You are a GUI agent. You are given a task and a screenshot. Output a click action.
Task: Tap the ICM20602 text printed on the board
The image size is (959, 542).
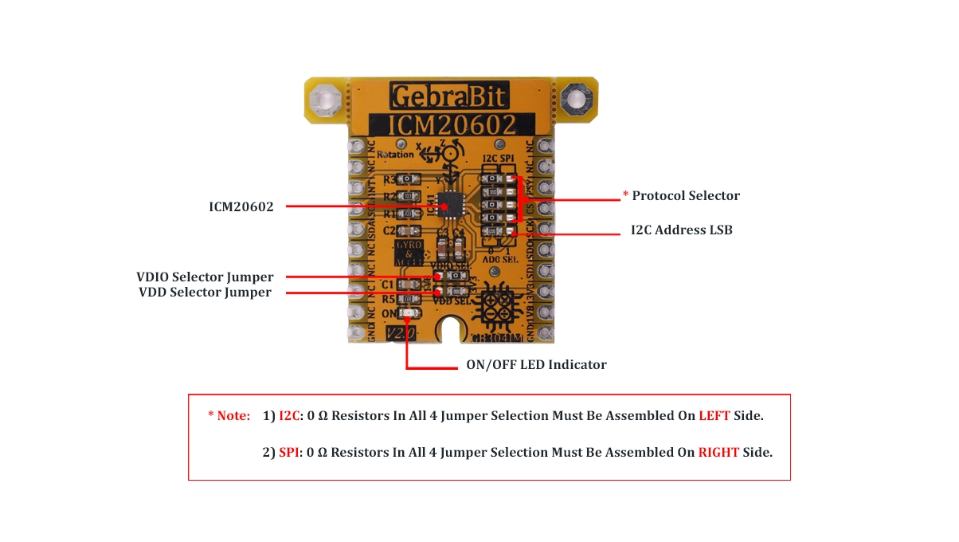pyautogui.click(x=451, y=125)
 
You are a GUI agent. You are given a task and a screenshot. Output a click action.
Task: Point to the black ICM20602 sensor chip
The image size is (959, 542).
pyautogui.click(x=452, y=203)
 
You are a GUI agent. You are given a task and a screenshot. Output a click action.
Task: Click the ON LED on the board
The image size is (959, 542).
pyautogui.click(x=409, y=314)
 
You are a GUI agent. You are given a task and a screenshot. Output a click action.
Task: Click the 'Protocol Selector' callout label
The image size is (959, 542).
pyautogui.click(x=686, y=196)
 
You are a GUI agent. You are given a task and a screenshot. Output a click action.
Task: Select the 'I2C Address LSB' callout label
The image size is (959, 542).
pyautogui.click(x=682, y=230)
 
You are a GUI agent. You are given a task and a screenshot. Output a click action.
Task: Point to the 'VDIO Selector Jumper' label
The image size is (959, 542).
pyautogui.click(x=205, y=277)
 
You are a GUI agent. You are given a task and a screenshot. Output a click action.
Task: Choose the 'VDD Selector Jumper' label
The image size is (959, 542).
pyautogui.click(x=205, y=293)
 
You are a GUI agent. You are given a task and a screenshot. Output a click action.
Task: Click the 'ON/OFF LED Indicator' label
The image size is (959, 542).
pyautogui.click(x=536, y=365)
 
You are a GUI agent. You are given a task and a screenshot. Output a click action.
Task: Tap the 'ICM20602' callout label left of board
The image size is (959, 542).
pyautogui.click(x=240, y=207)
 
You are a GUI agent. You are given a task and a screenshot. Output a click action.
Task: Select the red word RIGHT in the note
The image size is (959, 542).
pyautogui.click(x=718, y=453)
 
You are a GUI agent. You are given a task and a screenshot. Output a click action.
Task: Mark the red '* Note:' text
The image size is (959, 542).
pyautogui.click(x=229, y=416)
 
